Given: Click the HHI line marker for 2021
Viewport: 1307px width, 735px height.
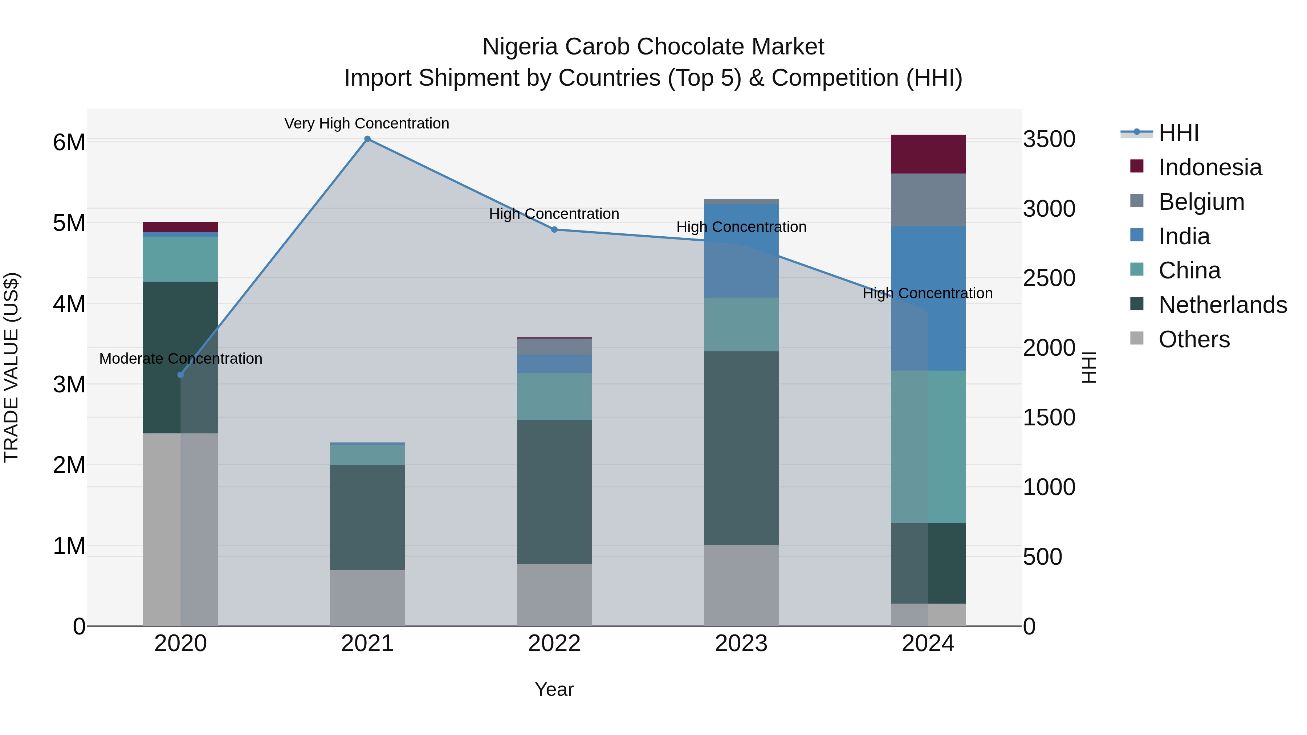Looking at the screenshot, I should pos(367,139).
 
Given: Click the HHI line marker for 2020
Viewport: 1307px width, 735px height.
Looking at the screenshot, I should pos(181,375).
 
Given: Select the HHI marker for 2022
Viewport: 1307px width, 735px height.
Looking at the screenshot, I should pos(554,229).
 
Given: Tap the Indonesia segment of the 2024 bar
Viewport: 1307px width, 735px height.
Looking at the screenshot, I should pos(928,154).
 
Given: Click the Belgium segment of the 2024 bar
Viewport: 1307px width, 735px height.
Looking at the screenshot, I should pos(928,200).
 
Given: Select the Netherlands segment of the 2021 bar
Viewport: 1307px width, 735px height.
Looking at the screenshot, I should pos(367,517).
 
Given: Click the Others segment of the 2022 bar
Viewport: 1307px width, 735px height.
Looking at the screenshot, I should pos(554,595).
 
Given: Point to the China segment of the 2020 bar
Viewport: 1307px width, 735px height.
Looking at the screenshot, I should pos(181,259).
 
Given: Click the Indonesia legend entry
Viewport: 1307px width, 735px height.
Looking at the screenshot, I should pos(1210,167).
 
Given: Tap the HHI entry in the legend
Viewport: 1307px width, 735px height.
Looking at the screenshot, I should pos(1178,133).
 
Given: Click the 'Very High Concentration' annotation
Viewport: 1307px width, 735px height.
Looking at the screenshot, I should pos(366,123).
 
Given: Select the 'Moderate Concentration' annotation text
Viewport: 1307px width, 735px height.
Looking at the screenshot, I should pos(181,359).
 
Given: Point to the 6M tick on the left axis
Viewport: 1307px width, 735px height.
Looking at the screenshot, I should pos(69,142).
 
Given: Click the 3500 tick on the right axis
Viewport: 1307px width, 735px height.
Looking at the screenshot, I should pos(1049,139).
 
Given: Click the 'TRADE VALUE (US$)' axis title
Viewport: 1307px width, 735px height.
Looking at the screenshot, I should pos(11,367).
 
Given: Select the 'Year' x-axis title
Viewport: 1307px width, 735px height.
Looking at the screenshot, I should pos(554,689).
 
